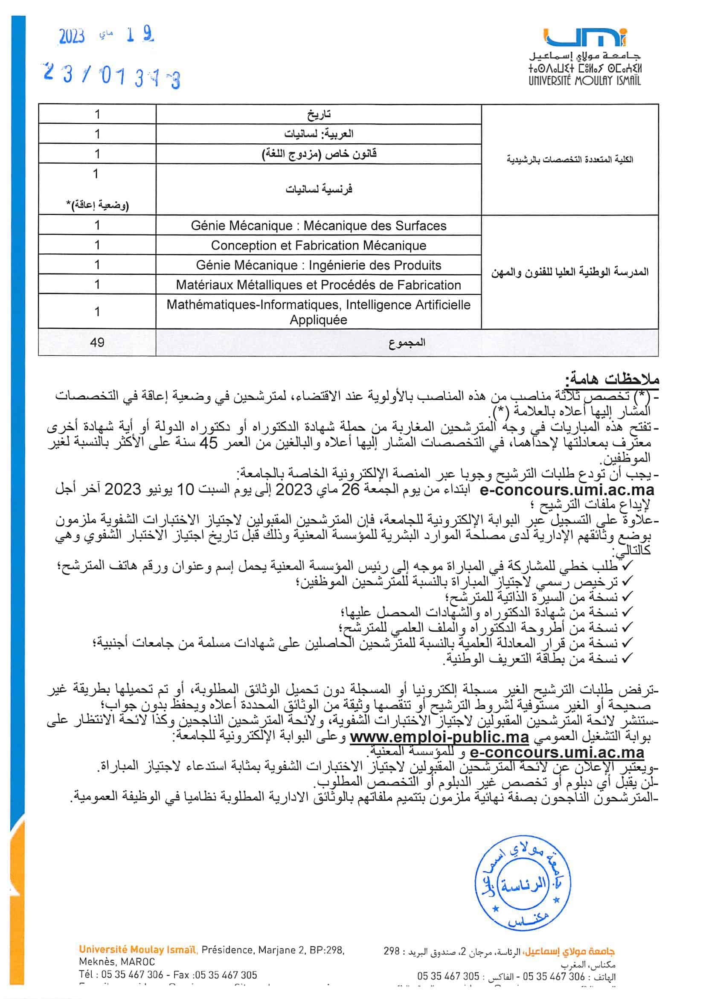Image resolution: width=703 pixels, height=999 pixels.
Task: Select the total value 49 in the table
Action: coord(97,343)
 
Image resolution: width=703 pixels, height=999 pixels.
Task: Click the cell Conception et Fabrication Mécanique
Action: coord(318,245)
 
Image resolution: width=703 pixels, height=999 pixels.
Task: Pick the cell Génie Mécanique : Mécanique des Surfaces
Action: coord(318,226)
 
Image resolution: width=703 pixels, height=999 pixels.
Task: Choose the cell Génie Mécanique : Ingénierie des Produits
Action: coord(318,265)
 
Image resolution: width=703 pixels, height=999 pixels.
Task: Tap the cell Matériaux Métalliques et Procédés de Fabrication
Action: coord(318,285)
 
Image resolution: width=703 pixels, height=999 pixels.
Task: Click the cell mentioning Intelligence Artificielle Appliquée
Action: coord(318,312)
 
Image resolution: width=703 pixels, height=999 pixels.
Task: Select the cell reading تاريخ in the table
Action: coord(318,114)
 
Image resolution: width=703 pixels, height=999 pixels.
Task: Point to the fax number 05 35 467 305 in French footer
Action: coord(226,975)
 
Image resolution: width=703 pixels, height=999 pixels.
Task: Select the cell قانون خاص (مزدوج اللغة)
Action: coord(318,154)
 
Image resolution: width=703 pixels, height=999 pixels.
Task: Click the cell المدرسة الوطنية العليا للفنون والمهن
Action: coord(570,273)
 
